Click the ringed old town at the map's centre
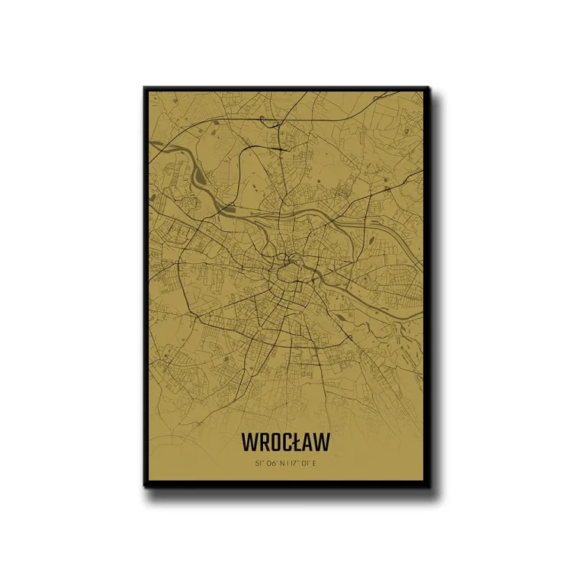click(291, 272)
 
